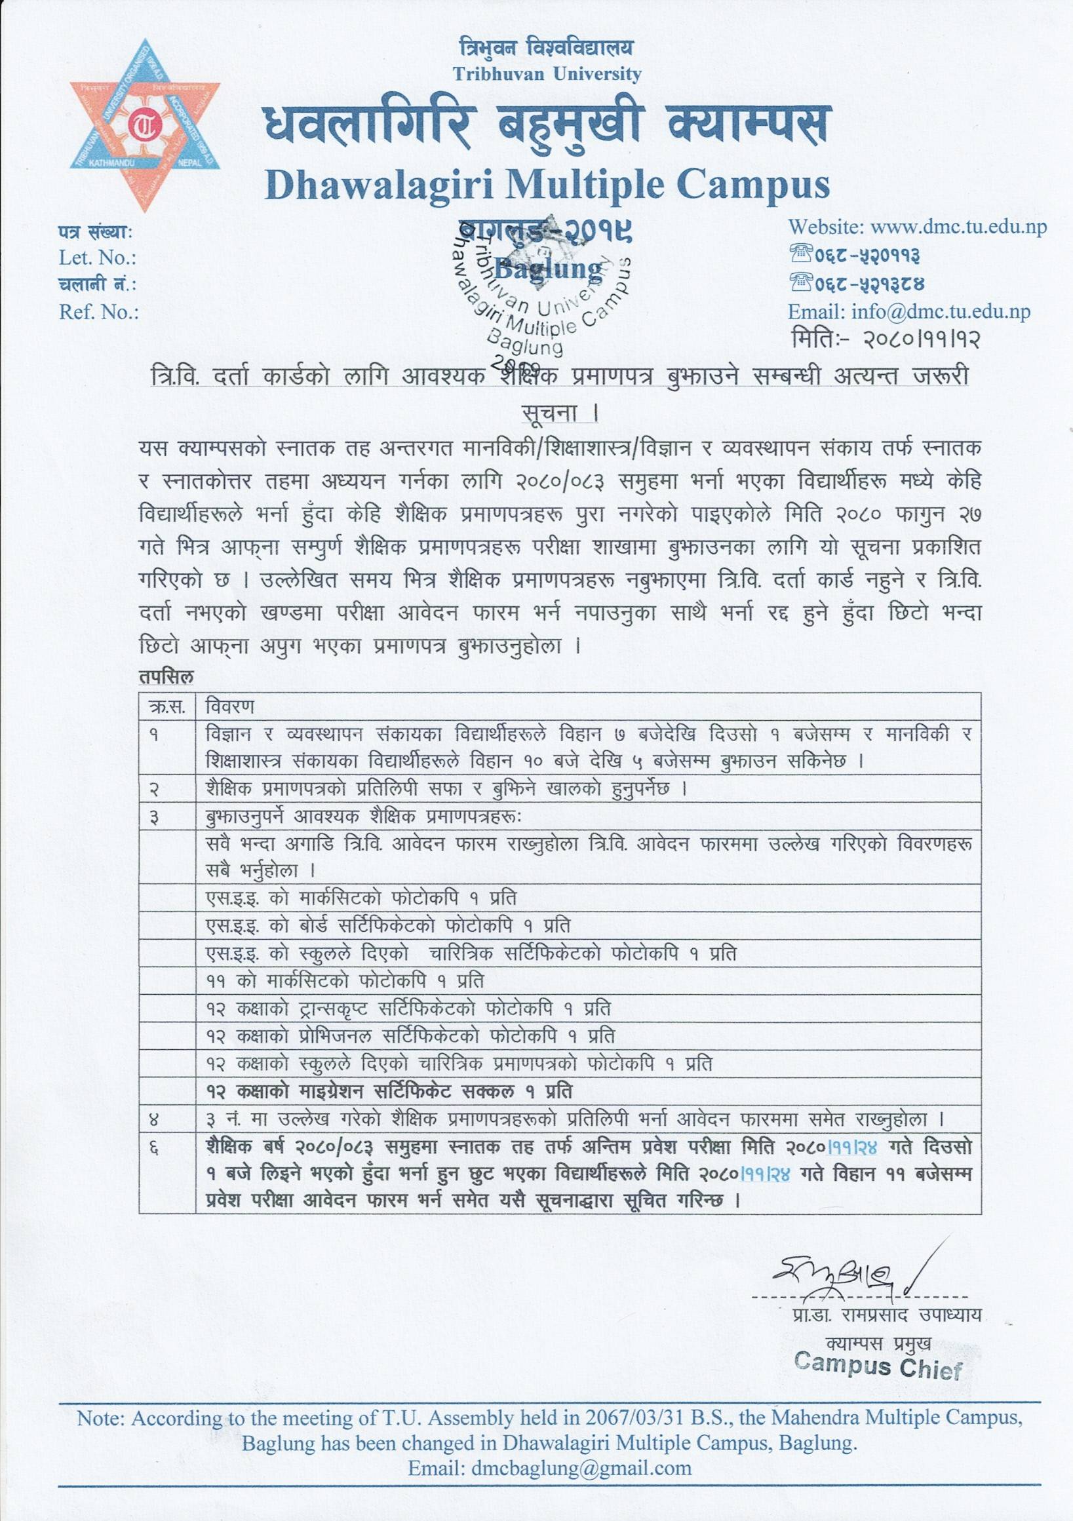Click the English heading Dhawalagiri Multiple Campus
coord(547,187)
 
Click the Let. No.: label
coord(98,258)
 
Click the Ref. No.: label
coord(98,311)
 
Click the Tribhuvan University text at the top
coord(547,73)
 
